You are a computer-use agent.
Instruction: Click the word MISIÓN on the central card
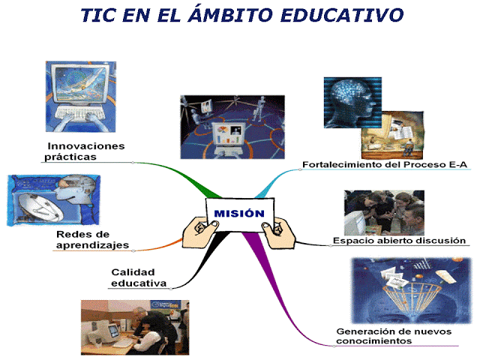coord(239,213)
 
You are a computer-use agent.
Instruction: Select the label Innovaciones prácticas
coord(85,151)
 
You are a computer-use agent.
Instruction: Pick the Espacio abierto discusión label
coord(399,241)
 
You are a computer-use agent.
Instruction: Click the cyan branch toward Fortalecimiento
coord(273,181)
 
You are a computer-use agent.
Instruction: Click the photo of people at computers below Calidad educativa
coord(134,326)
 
